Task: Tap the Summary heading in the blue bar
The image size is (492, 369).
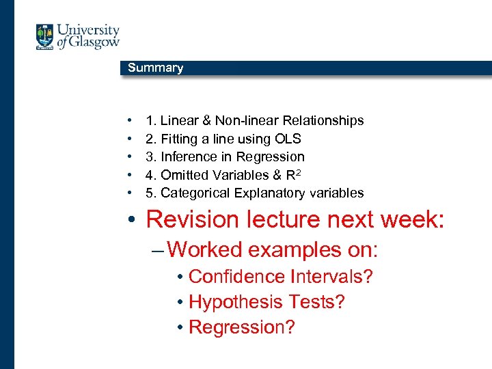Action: (155, 68)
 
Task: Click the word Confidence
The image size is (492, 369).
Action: (236, 277)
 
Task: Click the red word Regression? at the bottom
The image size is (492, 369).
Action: (241, 327)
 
